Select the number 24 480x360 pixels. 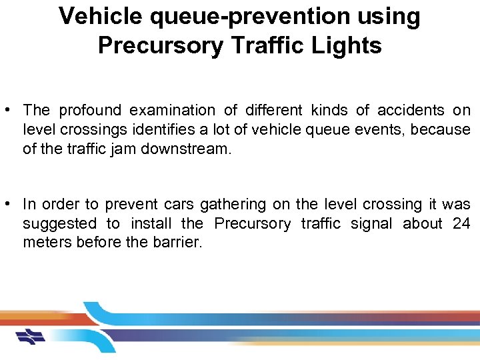pyautogui.click(x=461, y=223)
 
